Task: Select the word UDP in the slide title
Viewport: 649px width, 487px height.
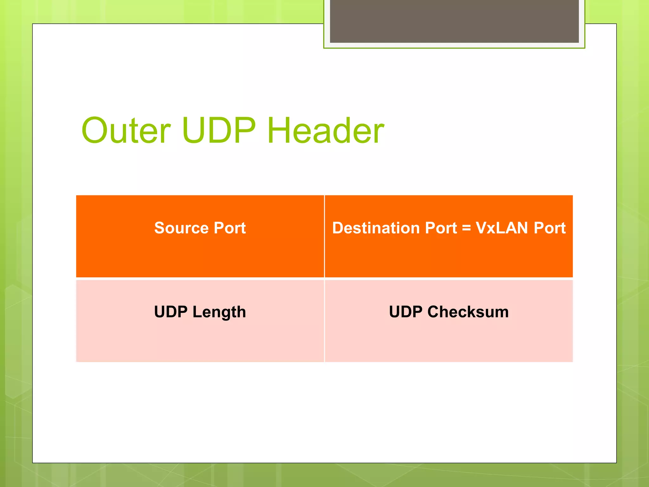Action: (x=219, y=130)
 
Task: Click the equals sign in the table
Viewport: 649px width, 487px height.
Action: (x=466, y=228)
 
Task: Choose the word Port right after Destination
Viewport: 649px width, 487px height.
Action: (x=441, y=228)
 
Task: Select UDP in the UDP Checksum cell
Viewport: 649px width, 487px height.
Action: (x=405, y=312)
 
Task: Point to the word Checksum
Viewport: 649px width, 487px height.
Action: (x=468, y=312)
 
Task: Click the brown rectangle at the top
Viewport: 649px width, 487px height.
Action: (x=454, y=21)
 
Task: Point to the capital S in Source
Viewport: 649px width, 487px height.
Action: (x=160, y=228)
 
